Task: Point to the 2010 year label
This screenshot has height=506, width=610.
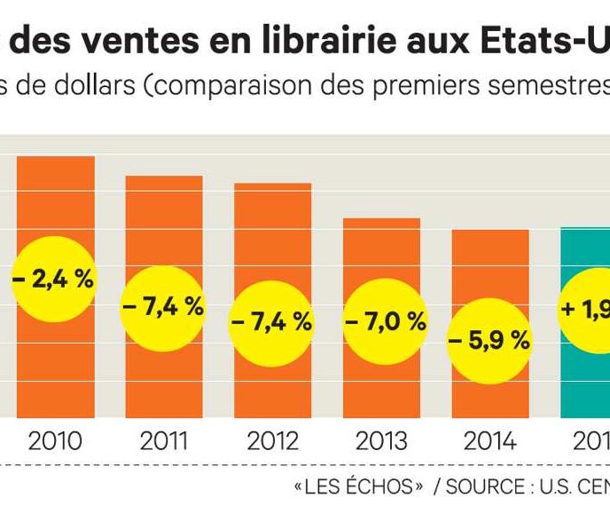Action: [x=55, y=441]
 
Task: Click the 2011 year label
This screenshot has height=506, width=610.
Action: [x=163, y=441]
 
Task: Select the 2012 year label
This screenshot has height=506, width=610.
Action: [x=272, y=441]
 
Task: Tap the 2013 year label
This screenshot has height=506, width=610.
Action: [x=381, y=441]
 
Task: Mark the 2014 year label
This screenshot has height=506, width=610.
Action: [x=490, y=441]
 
